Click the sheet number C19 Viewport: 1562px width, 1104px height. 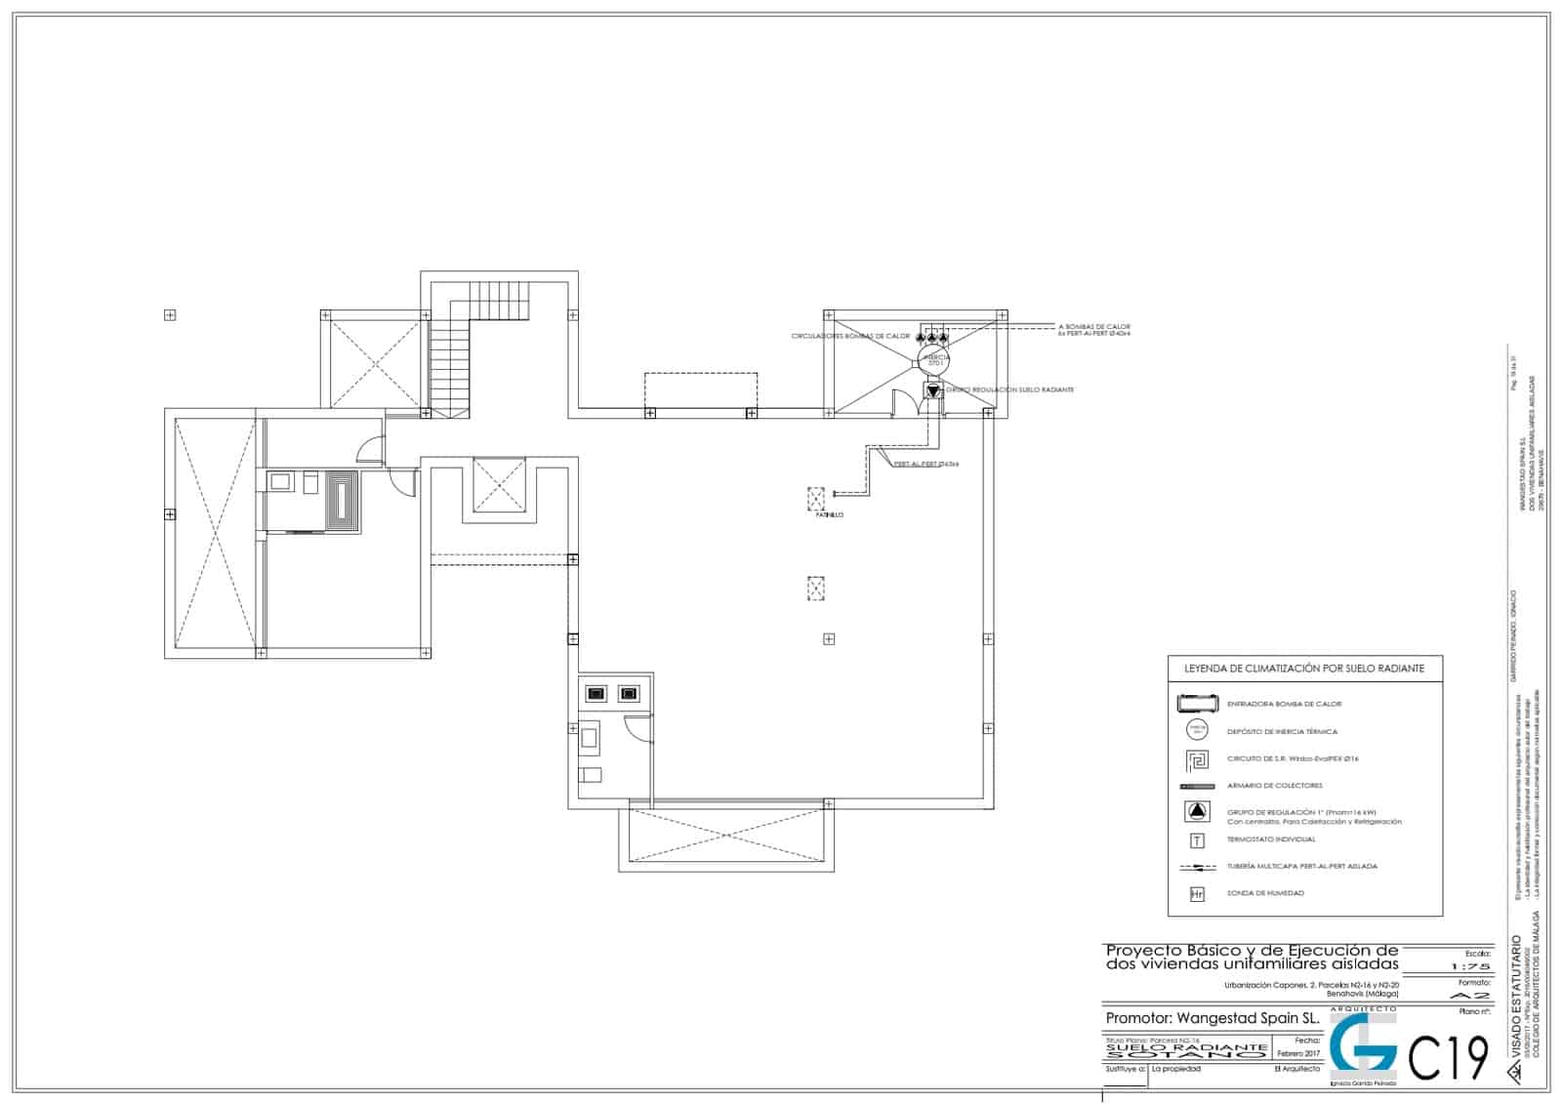pyautogui.click(x=1449, y=1057)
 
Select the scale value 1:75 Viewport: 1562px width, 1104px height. pyautogui.click(x=1470, y=966)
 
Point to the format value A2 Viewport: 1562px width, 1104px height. pyautogui.click(x=1471, y=995)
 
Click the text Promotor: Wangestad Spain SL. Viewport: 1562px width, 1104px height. pyautogui.click(x=1212, y=1018)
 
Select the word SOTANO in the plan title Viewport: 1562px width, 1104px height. pyautogui.click(x=1186, y=1055)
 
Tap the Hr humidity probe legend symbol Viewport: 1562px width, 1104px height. pyautogui.click(x=1197, y=893)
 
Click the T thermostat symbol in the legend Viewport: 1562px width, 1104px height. pyautogui.click(x=1197, y=839)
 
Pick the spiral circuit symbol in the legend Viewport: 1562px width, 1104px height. pyautogui.click(x=1197, y=758)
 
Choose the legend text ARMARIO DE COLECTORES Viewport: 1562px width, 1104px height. pyautogui.click(x=1274, y=786)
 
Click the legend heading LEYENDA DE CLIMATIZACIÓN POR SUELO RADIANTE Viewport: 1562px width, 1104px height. pyautogui.click(x=1303, y=669)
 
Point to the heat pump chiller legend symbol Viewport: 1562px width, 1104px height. pyautogui.click(x=1197, y=703)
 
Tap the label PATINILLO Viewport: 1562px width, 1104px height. pyautogui.click(x=829, y=514)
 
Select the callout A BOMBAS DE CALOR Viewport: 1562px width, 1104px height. pyautogui.click(x=1093, y=327)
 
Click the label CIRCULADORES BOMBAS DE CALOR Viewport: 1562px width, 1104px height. pyautogui.click(x=850, y=336)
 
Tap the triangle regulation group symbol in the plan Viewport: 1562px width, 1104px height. pyautogui.click(x=933, y=390)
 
